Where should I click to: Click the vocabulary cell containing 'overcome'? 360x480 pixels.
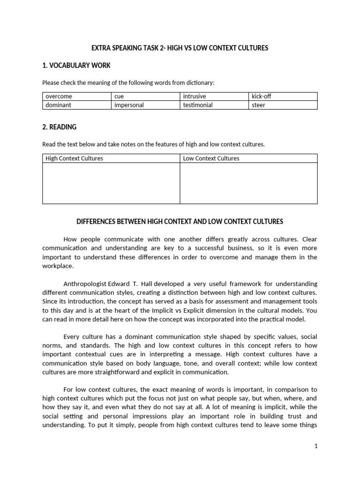coord(76,97)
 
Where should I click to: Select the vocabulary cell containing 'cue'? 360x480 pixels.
coord(145,97)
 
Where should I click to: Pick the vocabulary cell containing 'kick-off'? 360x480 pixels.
coord(283,97)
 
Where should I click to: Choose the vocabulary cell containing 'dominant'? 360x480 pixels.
coord(76,105)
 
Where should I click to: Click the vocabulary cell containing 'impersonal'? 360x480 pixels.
coord(145,105)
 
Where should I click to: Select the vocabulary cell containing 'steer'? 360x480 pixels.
coord(283,105)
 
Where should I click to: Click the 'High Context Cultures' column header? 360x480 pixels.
coord(111,158)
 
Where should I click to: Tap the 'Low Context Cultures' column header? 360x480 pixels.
coord(248,158)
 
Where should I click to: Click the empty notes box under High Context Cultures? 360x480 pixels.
coord(111,183)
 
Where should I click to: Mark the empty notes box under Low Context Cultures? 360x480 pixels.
coord(248,183)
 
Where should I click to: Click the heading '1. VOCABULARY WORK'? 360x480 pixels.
coord(76,66)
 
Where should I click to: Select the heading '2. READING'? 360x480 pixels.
coord(60,127)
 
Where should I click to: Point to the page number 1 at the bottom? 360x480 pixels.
coord(316,446)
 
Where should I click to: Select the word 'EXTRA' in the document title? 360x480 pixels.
coord(101,49)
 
